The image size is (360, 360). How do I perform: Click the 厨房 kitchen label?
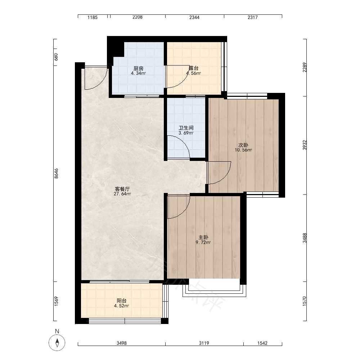[x=139, y=68]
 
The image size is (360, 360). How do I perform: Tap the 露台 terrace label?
[x=194, y=68]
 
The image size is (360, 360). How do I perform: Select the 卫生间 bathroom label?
[x=186, y=128]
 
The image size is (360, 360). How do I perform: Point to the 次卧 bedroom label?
[x=243, y=145]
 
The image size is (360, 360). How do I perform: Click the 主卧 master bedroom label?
[x=203, y=237]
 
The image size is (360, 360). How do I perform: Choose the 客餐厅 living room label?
[x=122, y=189]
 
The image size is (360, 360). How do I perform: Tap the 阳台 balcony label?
[x=121, y=301]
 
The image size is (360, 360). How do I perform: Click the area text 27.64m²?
[x=122, y=194]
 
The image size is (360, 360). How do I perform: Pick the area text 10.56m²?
[x=243, y=150]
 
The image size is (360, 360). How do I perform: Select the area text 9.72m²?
[x=203, y=242]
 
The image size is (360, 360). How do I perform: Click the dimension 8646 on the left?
[x=56, y=174]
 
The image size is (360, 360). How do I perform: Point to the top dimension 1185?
[x=93, y=17]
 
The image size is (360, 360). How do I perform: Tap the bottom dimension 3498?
[x=122, y=343]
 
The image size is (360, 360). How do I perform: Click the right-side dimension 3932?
[x=305, y=145]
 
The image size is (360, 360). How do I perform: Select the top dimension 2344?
[x=194, y=17]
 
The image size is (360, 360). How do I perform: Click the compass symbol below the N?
[x=57, y=343]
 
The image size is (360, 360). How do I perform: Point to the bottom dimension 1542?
[x=262, y=343]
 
